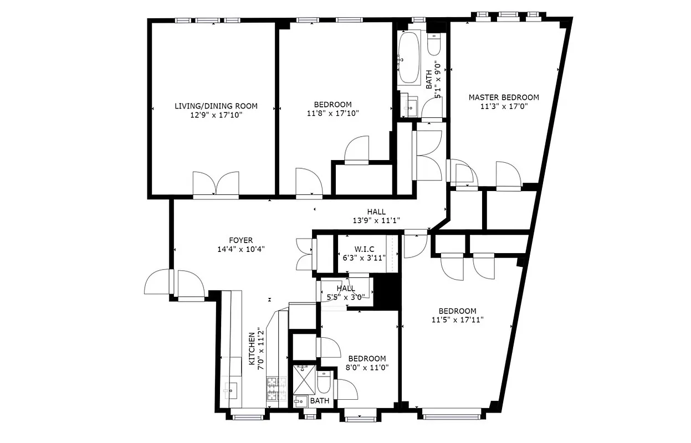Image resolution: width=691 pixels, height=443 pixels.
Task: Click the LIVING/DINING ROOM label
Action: click(216, 106)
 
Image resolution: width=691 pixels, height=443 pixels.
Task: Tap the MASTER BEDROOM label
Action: click(503, 97)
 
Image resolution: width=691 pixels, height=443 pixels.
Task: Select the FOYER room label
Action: click(240, 240)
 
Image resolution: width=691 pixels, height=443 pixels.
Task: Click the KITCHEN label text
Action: click(252, 349)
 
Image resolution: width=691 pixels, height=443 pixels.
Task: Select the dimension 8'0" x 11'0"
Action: click(367, 367)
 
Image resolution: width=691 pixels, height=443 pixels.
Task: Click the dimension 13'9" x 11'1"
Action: click(376, 220)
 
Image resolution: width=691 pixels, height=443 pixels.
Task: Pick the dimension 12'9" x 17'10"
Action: click(216, 115)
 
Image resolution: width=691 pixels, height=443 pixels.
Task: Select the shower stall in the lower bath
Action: click(304, 379)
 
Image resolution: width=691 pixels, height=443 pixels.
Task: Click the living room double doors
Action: click(216, 184)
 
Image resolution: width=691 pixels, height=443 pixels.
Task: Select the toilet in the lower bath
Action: click(325, 382)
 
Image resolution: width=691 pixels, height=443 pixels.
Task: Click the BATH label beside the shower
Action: click(319, 401)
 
